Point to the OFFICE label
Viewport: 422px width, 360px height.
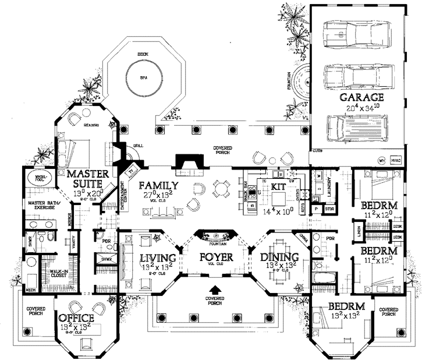76,317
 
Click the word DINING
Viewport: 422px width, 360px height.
279,257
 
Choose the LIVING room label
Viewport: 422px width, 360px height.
158,258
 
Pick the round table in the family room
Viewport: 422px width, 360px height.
221,188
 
